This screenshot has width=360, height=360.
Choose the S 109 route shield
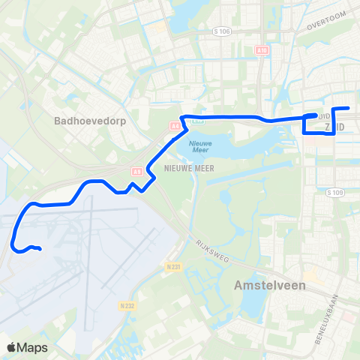[334, 192]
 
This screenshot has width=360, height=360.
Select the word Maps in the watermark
[32, 348]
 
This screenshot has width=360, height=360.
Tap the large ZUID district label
[336, 128]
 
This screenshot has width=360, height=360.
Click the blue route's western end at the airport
[39, 249]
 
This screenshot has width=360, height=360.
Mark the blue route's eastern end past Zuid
[349, 108]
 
